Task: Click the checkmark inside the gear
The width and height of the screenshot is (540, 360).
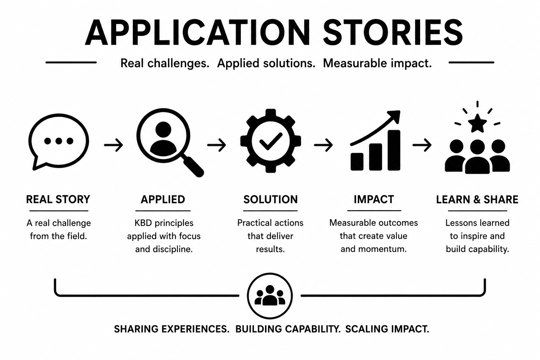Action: [x=271, y=141]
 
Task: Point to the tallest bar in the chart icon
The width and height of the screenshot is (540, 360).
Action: [x=394, y=150]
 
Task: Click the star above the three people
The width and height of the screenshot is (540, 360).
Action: [x=477, y=123]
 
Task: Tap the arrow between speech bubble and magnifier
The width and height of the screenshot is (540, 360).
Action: [x=114, y=145]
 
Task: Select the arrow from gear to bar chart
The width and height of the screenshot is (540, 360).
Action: [x=323, y=145]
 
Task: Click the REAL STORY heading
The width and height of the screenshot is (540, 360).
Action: [x=58, y=200]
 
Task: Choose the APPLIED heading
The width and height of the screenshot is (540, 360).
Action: [x=163, y=200]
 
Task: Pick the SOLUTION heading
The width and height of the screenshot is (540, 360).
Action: [x=270, y=200]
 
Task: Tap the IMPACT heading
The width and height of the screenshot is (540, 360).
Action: [x=374, y=200]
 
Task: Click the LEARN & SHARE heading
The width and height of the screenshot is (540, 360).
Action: [x=477, y=200]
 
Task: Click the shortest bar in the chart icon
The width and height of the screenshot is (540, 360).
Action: [x=357, y=162]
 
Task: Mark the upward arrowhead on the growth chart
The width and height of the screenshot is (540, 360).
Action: [x=394, y=117]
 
